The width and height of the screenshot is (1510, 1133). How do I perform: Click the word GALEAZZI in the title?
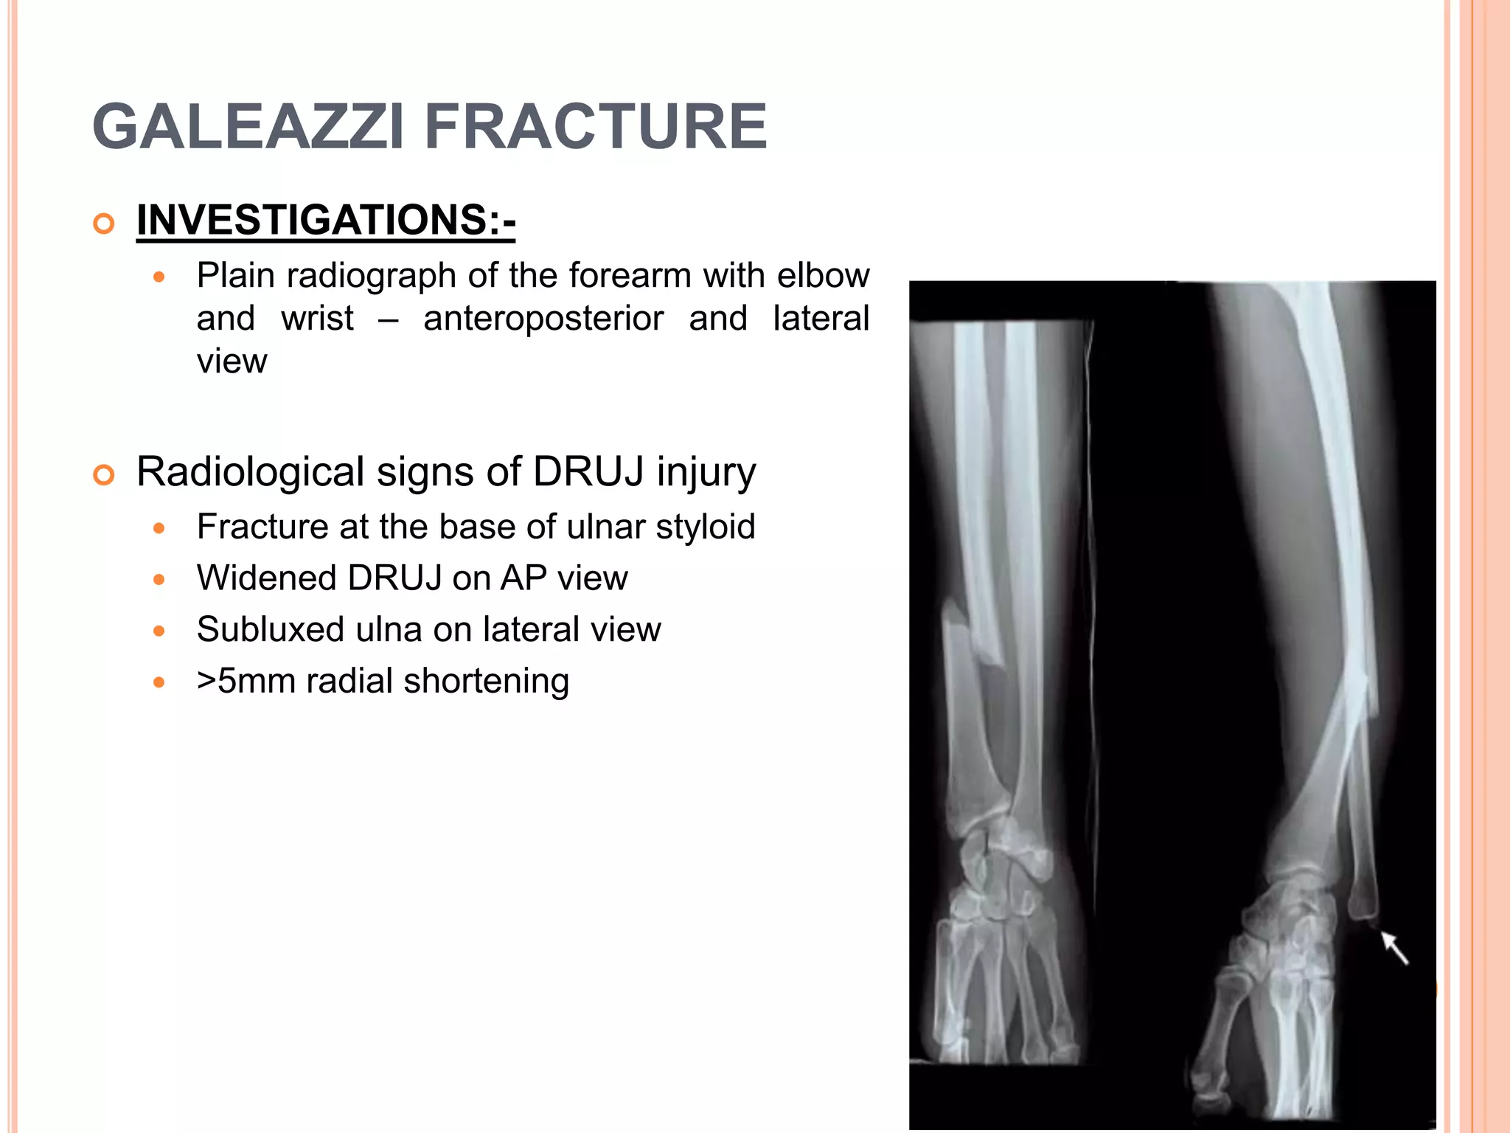[x=248, y=127]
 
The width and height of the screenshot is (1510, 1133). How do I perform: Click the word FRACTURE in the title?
[x=596, y=127]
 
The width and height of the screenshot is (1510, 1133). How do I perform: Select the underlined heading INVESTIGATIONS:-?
[x=325, y=220]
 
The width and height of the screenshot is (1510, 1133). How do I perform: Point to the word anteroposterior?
[x=543, y=319]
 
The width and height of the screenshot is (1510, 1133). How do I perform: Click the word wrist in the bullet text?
[x=317, y=319]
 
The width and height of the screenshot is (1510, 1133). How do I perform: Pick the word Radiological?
[x=251, y=471]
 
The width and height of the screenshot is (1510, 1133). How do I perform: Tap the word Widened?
[x=266, y=578]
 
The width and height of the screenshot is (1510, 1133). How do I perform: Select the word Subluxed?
[x=270, y=629]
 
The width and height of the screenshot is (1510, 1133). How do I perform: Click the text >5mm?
[x=246, y=681]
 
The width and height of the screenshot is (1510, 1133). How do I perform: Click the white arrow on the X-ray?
[x=1394, y=948]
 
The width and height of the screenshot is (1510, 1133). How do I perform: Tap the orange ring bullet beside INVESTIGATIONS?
[x=105, y=224]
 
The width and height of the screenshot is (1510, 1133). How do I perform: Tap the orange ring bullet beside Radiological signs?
[x=105, y=475]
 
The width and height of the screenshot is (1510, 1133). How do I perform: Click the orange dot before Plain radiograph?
[x=159, y=278]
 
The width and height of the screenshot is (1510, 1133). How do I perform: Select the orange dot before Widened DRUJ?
[x=159, y=580]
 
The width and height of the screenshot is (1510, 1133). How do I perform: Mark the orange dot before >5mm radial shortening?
[x=159, y=683]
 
